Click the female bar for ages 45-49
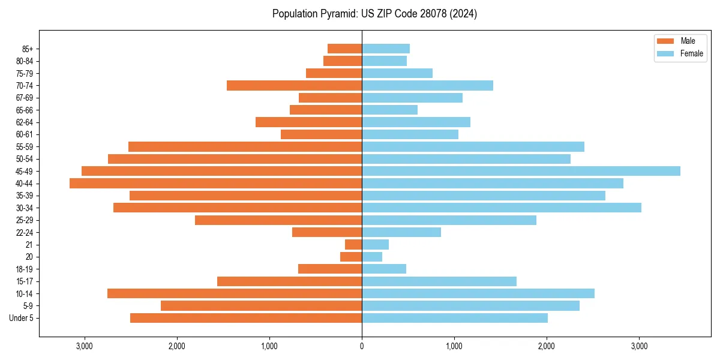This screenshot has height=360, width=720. (521, 171)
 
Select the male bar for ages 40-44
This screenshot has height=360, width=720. (215, 184)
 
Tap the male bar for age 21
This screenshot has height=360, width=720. (353, 245)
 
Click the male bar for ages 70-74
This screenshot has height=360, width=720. (294, 86)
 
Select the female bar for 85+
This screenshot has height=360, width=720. (386, 49)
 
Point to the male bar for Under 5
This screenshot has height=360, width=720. (246, 318)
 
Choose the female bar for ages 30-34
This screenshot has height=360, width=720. (502, 208)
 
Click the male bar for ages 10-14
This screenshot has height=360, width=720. (235, 293)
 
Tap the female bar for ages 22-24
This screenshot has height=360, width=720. (401, 232)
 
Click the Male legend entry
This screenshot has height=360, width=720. (688, 41)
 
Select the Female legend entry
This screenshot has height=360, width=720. (691, 53)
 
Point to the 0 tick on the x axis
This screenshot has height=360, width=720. (362, 346)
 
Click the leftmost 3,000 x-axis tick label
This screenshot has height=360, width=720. (84, 346)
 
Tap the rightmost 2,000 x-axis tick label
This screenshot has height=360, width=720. (547, 346)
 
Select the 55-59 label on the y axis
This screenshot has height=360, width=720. (25, 147)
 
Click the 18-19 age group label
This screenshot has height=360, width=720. (25, 269)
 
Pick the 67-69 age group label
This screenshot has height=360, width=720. (25, 98)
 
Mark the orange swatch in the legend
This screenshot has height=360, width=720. (666, 41)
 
